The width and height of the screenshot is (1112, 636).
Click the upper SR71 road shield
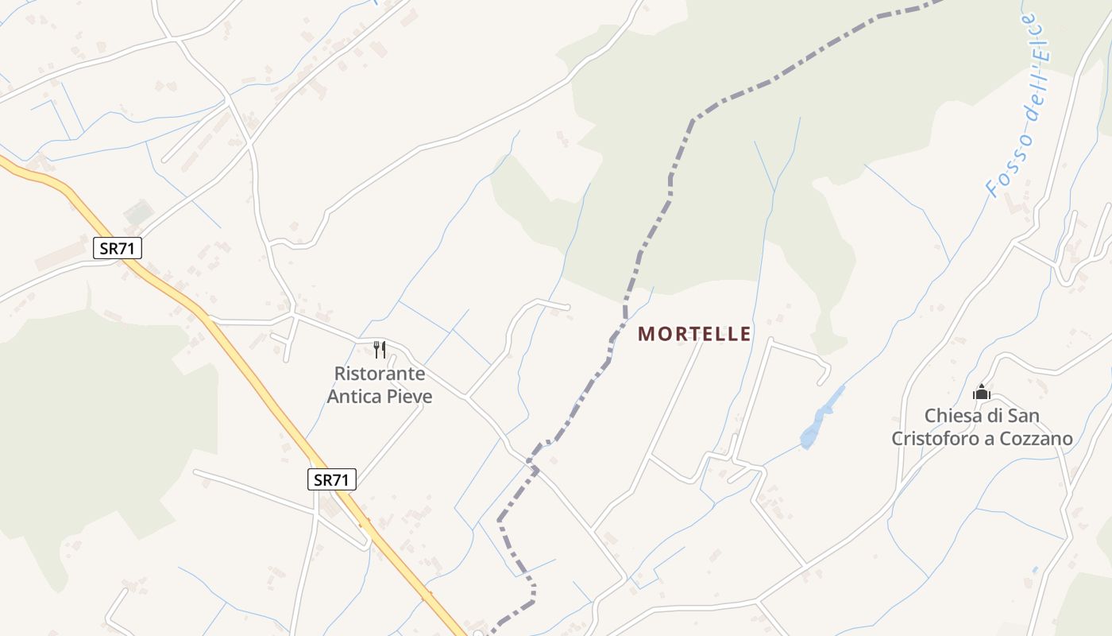click(x=118, y=248)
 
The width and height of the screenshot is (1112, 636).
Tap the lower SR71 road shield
click(x=332, y=479)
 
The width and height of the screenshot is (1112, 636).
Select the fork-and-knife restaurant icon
click(x=380, y=350)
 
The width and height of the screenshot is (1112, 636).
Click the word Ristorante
click(x=380, y=374)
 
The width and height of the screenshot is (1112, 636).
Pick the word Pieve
click(x=409, y=396)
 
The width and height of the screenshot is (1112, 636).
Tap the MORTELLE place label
click(x=694, y=334)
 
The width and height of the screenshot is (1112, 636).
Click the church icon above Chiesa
click(x=982, y=393)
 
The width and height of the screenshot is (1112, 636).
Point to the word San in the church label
click(x=1024, y=416)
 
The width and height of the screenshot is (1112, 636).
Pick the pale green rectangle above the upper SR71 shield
click(x=138, y=212)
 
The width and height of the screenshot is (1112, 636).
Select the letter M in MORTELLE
click(x=644, y=334)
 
